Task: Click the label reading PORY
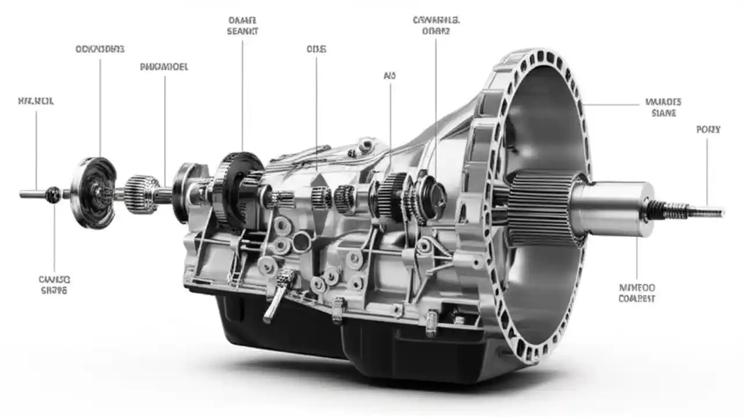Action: point(708,129)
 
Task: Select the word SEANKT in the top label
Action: point(242,31)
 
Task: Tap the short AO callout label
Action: point(389,75)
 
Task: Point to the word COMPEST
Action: point(636,298)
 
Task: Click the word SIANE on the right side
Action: point(663,113)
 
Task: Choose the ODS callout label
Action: point(316,49)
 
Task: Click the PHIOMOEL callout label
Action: point(164,67)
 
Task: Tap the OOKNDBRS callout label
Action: point(100,49)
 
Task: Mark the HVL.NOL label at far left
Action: point(36,101)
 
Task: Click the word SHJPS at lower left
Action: point(54,290)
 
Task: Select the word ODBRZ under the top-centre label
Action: point(436,31)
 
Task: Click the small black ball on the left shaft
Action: point(53,194)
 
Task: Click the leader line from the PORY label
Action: point(707,168)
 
